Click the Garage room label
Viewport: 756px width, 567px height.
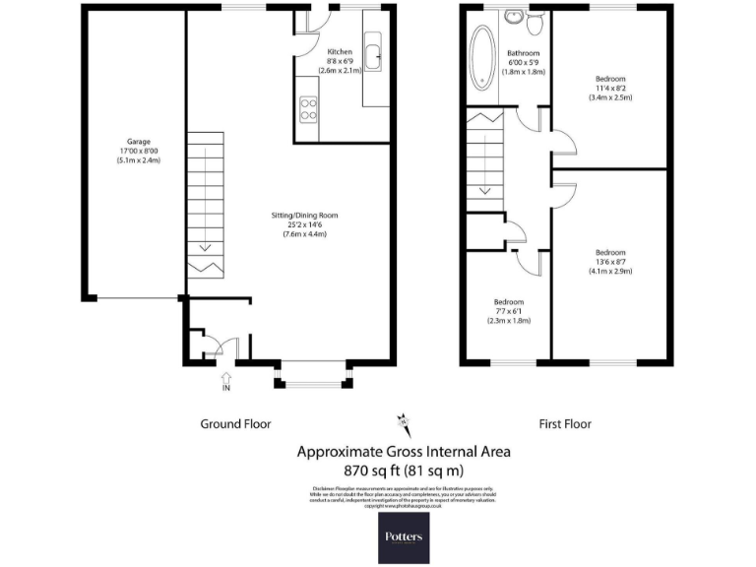pyautogui.click(x=137, y=141)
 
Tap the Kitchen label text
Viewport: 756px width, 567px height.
pyautogui.click(x=340, y=51)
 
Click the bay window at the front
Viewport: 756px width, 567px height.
pyautogui.click(x=313, y=374)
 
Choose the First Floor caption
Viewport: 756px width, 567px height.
pyautogui.click(x=564, y=424)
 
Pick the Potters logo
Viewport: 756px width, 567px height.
pyautogui.click(x=404, y=537)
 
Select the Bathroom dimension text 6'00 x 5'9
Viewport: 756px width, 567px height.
pyautogui.click(x=523, y=63)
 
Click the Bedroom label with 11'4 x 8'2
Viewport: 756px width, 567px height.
pyautogui.click(x=609, y=88)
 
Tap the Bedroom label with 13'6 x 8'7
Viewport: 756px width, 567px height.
pyautogui.click(x=609, y=262)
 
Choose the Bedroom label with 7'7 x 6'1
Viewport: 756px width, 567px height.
pyautogui.click(x=508, y=311)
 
